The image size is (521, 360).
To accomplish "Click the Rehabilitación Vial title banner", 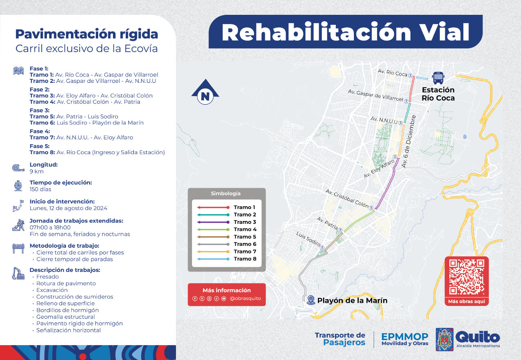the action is pos(345,32).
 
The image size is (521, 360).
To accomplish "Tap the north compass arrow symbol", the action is pos(205,92).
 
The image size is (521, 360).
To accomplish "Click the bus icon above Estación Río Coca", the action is pos(438,78).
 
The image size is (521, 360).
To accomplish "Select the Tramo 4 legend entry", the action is pos(226,229).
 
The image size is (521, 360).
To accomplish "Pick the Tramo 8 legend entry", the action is pos(226,259).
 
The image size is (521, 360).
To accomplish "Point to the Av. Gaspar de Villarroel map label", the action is pos(376,95).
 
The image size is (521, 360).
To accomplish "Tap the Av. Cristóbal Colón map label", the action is pos(347,198).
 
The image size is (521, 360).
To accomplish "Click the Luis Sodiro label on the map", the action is pos(309,239).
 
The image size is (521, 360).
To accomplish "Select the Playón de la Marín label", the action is pos(352,300).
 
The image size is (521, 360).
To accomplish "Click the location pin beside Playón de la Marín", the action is pos(311,300).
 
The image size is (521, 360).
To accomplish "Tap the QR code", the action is pos(466,277).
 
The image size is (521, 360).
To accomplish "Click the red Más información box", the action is pos(226,294).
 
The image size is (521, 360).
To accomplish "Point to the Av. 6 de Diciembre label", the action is pos(408,141).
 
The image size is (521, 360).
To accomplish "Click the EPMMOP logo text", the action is pos(405,339).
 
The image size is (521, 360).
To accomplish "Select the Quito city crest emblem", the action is pos(444,339).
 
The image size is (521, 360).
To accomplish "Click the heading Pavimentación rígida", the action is pos(87,34).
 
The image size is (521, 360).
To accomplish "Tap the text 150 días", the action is pos(40,189).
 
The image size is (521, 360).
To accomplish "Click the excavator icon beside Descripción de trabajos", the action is pos(18,274).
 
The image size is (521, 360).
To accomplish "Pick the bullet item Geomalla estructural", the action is pos(66,317).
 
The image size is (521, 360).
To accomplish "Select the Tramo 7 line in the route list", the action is pos(81,138).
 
